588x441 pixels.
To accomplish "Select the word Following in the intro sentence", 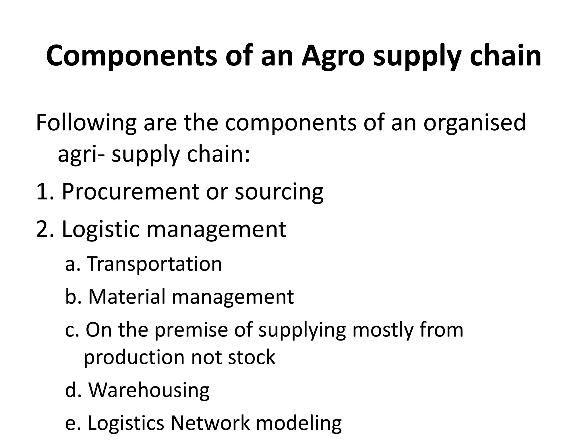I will (x=86, y=123).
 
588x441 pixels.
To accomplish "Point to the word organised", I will (x=474, y=123).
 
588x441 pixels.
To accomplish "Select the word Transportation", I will (x=154, y=264).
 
